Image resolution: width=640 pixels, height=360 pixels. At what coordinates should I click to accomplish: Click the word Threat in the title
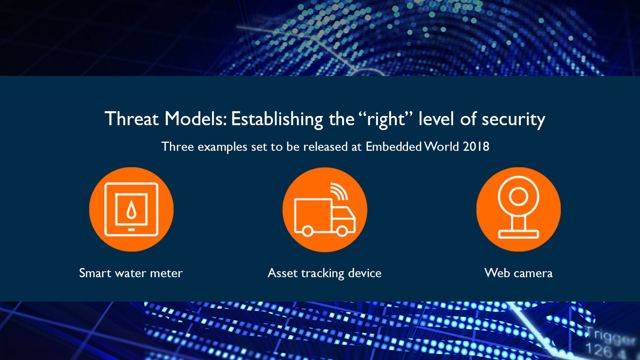coord(132,118)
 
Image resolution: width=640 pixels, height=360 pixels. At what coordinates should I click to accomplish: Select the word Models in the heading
coord(196,118)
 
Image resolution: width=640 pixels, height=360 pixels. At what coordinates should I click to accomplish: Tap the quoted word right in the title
coord(386,120)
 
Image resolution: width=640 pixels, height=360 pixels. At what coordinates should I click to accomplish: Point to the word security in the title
coord(514,120)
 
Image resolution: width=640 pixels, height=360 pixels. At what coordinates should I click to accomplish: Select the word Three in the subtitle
coord(178,146)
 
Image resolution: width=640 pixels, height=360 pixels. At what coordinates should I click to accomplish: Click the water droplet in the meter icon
coord(131,210)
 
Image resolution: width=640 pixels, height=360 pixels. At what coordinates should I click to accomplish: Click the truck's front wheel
coord(342,231)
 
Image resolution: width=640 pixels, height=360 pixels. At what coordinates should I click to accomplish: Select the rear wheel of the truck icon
coord(308,231)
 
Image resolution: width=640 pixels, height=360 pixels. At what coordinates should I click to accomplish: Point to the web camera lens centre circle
coord(518,196)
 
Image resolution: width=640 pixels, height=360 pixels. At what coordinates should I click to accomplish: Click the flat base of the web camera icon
coord(518,234)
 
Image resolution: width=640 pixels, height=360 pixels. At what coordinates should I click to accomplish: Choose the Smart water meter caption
coord(131,273)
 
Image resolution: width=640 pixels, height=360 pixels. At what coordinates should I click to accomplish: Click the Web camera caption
coord(518,273)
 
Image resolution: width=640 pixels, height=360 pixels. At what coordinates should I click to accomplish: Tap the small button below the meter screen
coord(131,230)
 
